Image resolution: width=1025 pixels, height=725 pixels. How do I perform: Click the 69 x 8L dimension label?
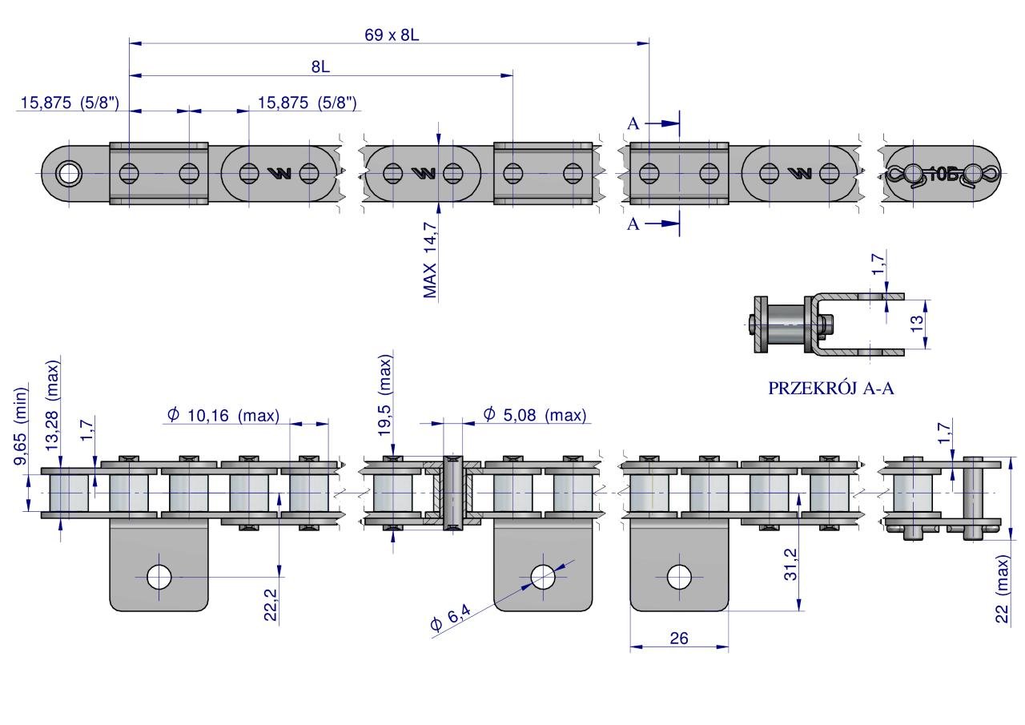click(389, 35)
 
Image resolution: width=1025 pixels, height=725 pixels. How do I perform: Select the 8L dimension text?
click(320, 68)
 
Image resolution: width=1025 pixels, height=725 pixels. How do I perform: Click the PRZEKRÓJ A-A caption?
click(831, 389)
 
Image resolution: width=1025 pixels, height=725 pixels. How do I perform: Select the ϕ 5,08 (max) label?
click(535, 415)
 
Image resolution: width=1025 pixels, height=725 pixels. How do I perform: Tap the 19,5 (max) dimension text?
click(385, 385)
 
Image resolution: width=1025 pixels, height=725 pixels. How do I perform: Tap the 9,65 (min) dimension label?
click(22, 425)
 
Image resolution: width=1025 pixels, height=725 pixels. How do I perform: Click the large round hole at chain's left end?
click(69, 173)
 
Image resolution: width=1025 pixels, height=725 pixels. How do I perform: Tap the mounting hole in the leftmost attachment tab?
click(159, 575)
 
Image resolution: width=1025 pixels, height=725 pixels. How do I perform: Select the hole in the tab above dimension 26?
click(679, 575)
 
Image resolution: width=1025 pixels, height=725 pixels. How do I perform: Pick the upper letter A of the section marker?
click(633, 123)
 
